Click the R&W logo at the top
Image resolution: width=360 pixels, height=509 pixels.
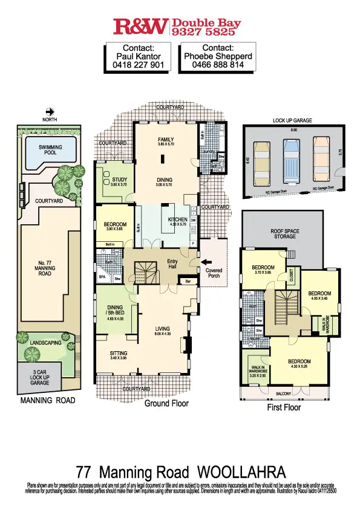pyautogui.click(x=141, y=26)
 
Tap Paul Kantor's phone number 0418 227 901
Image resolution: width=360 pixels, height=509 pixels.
pyautogui.click(x=138, y=65)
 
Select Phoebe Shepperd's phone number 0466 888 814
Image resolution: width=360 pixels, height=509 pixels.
pyautogui.click(x=218, y=65)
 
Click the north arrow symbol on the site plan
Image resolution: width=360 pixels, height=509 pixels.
pyautogui.click(x=50, y=111)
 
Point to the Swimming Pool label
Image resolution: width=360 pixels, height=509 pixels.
pyautogui.click(x=50, y=151)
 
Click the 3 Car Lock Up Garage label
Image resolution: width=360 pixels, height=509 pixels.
pyautogui.click(x=41, y=378)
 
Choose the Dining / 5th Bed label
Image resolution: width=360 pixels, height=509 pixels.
pyautogui.click(x=115, y=310)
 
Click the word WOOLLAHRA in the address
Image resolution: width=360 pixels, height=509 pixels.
pyautogui.click(x=241, y=472)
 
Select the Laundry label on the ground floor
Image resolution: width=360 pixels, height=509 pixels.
pyautogui.click(x=208, y=151)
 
